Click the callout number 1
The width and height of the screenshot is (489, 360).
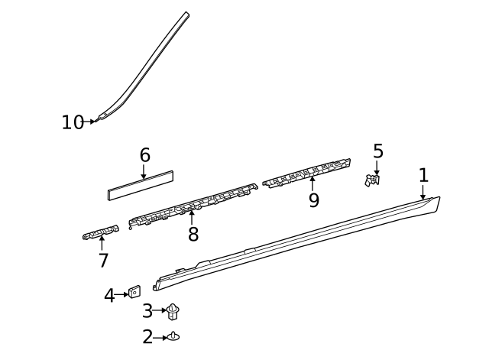coord(423,176)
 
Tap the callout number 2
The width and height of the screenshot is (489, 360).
coord(147,336)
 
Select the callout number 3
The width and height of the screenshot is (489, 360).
coord(147,311)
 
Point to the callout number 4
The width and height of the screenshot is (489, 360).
coord(109,295)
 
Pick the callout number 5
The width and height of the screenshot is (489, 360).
coord(377,151)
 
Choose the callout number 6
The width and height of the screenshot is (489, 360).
coord(144,155)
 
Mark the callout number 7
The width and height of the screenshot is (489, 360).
coord(103,261)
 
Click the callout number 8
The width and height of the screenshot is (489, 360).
coord(193,235)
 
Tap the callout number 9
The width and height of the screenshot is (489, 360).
coord(313,201)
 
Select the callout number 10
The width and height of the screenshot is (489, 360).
coord(73,122)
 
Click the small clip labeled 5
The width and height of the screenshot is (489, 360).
coord(374,180)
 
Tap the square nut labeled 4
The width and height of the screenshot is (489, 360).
coord(134,292)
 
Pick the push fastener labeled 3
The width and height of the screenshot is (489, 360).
coord(173,311)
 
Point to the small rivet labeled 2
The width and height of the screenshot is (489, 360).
coord(174,336)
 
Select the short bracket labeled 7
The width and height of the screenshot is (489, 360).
coord(100,232)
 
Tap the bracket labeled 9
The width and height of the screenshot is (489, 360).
coord(306,174)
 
